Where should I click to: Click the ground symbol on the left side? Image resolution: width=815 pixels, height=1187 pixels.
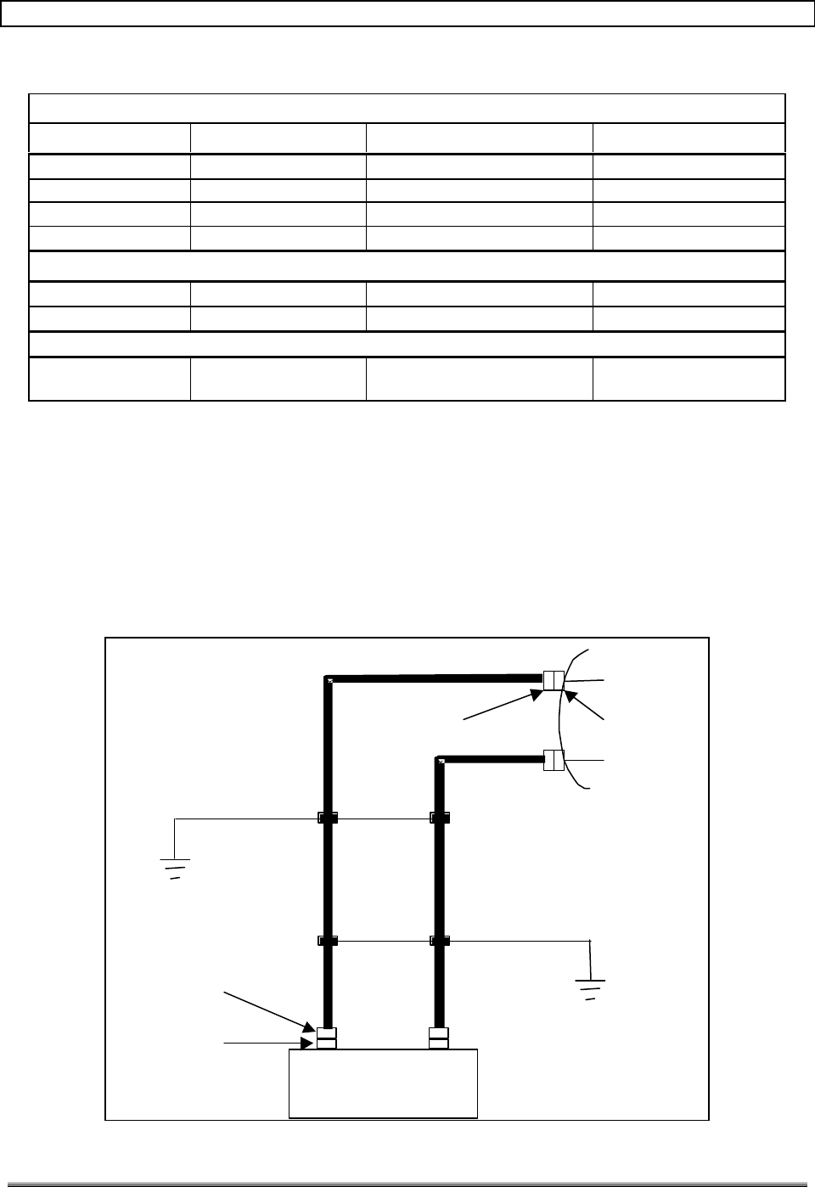[175, 867]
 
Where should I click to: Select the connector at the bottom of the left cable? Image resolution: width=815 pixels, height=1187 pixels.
[327, 1038]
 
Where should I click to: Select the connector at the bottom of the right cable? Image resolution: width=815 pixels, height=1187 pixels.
[438, 1038]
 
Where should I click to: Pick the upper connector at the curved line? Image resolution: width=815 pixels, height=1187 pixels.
[554, 681]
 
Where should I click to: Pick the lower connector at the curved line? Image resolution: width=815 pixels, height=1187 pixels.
[554, 760]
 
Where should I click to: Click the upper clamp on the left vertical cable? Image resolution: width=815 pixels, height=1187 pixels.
[328, 819]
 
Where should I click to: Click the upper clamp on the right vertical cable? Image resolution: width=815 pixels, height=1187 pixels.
[440, 819]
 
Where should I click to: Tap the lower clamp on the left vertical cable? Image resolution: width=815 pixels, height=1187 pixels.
[328, 941]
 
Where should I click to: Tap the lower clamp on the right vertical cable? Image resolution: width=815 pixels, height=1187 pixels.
[440, 941]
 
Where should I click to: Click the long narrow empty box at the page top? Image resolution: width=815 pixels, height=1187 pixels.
[407, 14]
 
